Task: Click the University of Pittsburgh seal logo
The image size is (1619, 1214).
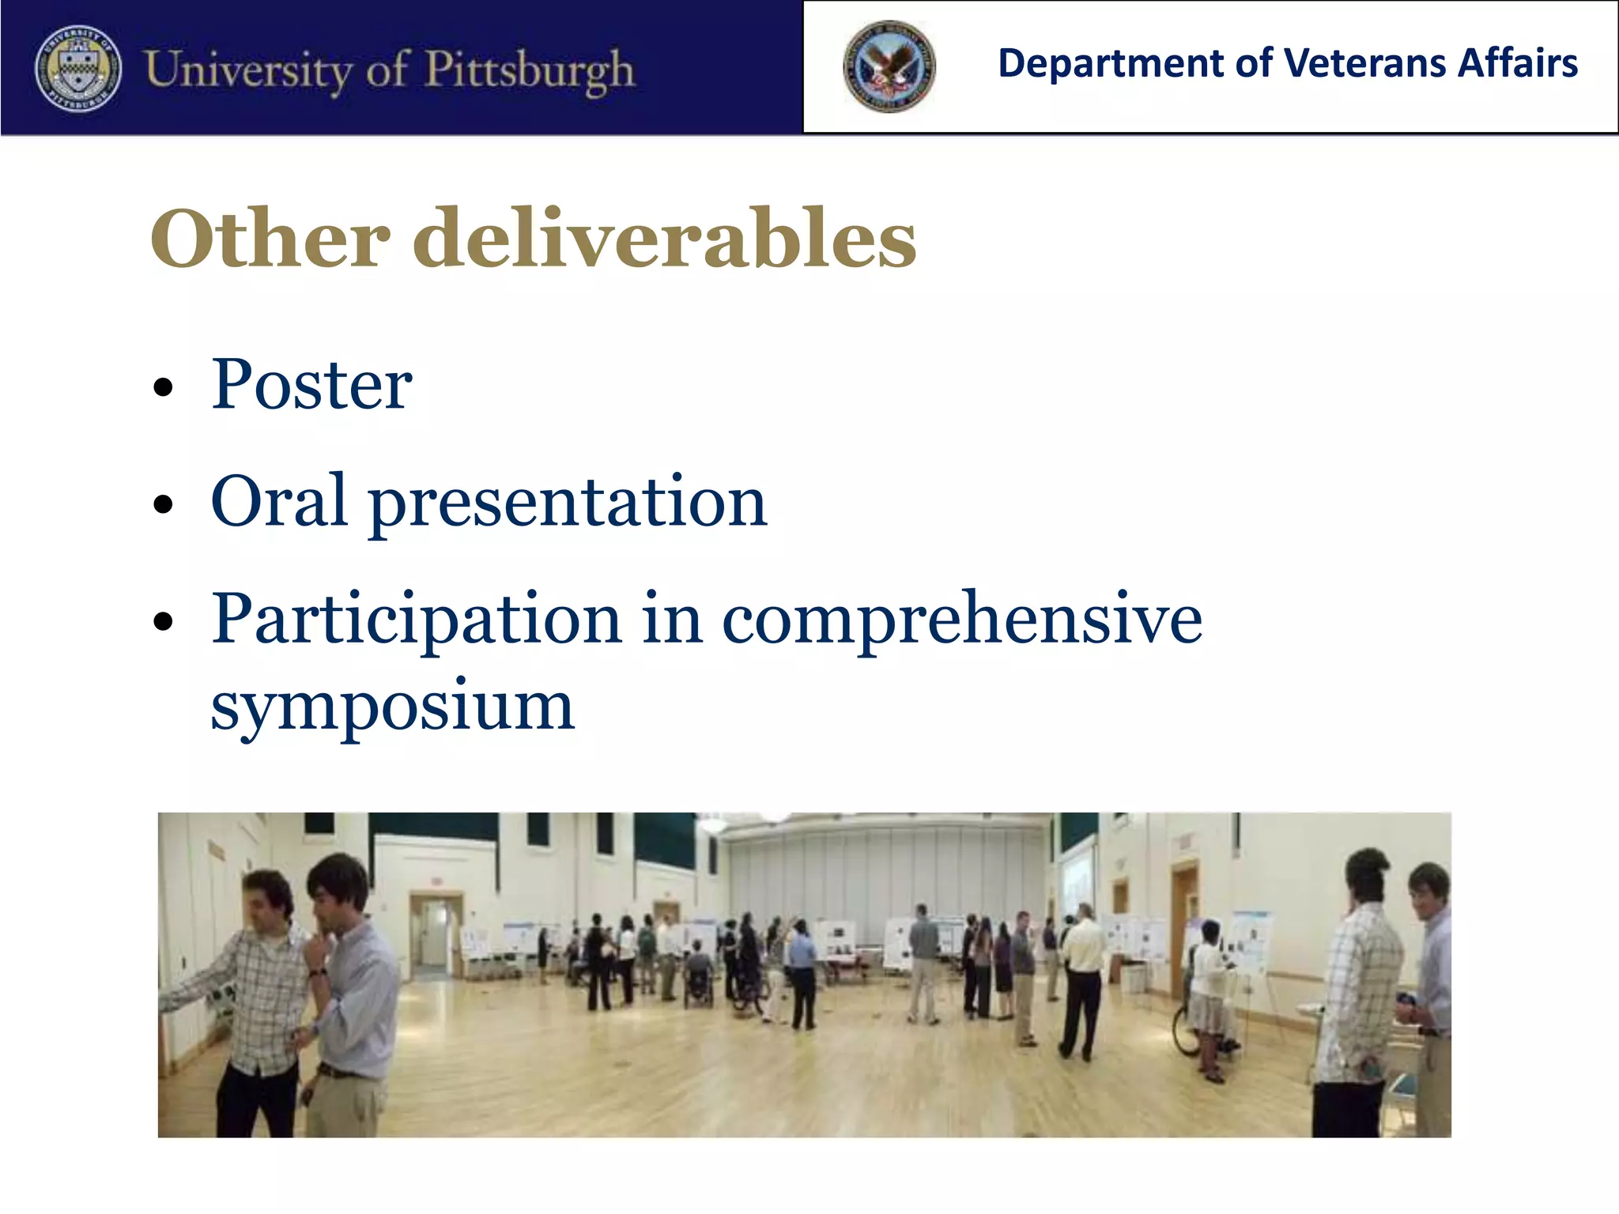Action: pos(78,68)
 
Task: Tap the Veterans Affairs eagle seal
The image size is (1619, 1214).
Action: pos(889,66)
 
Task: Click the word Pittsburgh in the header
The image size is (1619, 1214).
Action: pos(529,70)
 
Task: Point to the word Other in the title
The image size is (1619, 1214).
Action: pos(270,238)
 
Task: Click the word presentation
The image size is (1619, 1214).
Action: pos(568,504)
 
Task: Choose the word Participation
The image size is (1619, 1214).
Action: pos(417,620)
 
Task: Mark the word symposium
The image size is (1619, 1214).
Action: pos(392,706)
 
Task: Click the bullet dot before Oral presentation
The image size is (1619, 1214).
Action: pos(163,504)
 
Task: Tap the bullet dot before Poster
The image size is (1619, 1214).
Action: pos(163,387)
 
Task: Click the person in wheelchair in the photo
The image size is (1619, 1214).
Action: pos(698,975)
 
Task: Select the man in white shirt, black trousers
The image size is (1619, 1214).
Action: pos(1081,980)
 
